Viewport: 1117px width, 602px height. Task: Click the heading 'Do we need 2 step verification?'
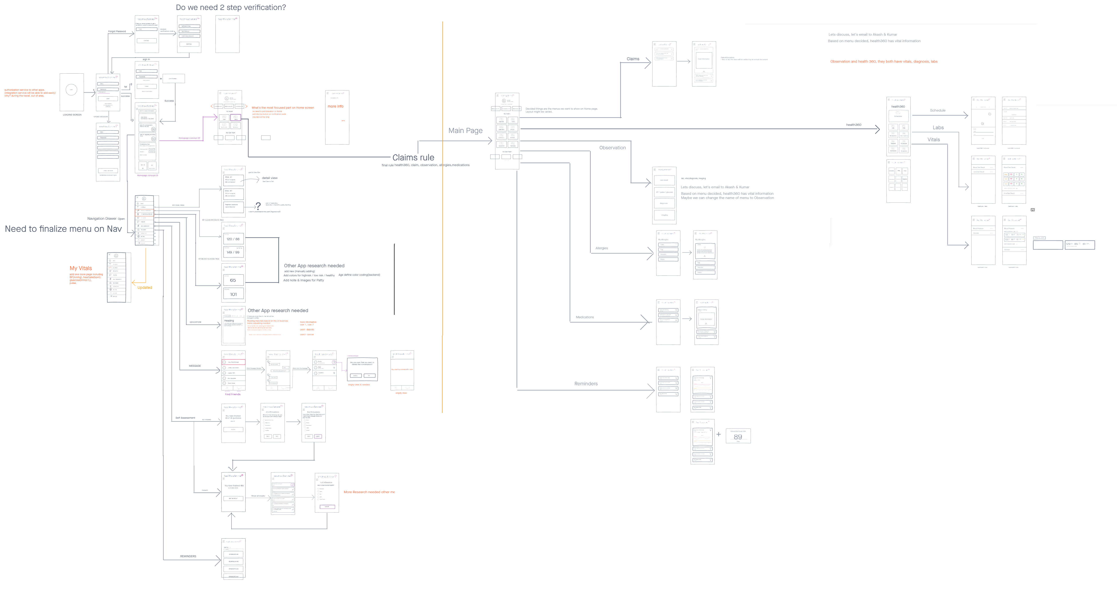[x=231, y=7]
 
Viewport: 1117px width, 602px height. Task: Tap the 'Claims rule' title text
[x=413, y=157]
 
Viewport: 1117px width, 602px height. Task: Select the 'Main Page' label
[x=465, y=131]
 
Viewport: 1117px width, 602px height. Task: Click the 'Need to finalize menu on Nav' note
[x=63, y=229]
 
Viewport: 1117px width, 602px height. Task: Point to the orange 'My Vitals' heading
[x=81, y=268]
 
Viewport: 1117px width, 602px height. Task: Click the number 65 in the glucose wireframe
[x=233, y=280]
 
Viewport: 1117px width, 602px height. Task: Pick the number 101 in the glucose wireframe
[x=233, y=294]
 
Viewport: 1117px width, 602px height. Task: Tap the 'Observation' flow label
[x=612, y=148]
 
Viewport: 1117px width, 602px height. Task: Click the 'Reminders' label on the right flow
[x=586, y=384]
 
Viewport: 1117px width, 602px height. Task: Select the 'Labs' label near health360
[x=938, y=127]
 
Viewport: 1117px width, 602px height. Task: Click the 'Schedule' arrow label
[x=937, y=111]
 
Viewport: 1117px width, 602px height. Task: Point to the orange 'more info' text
[x=335, y=106]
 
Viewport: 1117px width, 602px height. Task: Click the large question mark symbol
[x=258, y=206]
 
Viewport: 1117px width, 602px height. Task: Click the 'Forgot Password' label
[x=117, y=31]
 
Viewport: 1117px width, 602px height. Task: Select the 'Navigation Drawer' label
[x=102, y=219]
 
